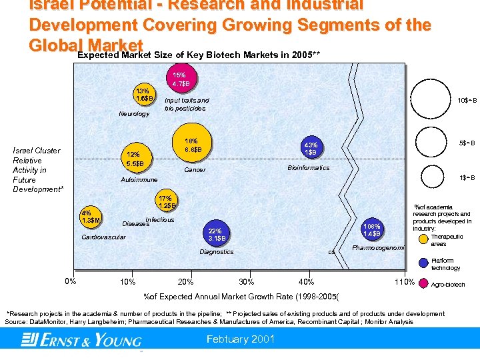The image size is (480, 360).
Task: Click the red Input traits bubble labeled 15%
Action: pos(181,79)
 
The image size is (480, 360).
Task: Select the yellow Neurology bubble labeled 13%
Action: pos(143,95)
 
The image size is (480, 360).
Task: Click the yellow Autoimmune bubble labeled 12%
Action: pos(134,159)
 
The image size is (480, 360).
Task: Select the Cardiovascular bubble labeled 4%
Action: pos(90,217)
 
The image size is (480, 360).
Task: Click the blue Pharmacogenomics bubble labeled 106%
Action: pos(372,229)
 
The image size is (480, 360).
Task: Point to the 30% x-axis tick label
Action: pos(246,281)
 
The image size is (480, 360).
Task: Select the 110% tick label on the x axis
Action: pos(404,282)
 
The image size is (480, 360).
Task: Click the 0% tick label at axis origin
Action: pos(71,280)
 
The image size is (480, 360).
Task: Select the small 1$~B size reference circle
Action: pos(433,177)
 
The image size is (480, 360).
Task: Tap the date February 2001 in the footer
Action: pos(241,339)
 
